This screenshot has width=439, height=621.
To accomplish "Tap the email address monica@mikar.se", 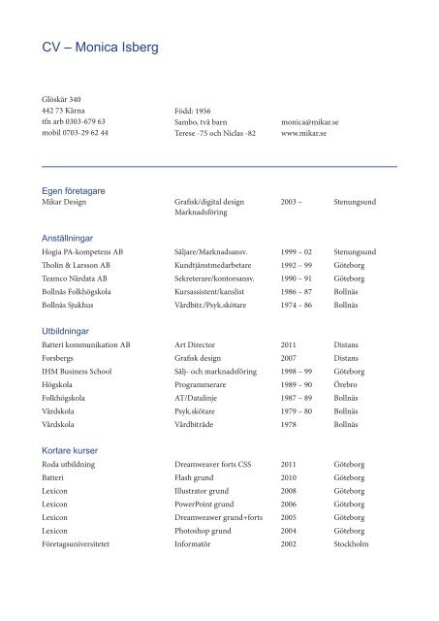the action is click(x=308, y=138).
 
